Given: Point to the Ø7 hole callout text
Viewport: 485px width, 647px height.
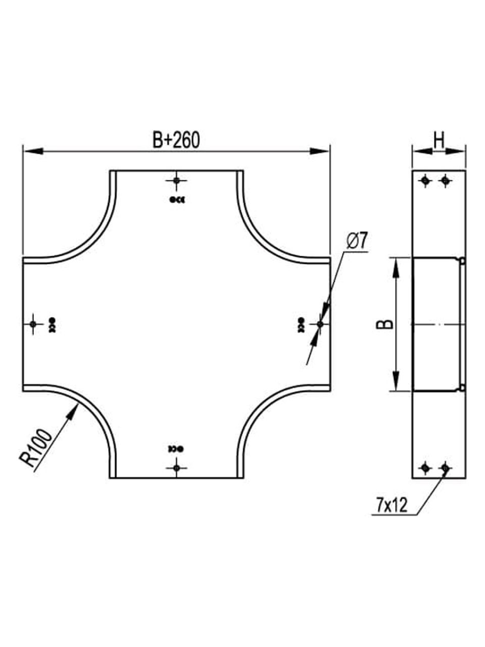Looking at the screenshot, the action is coord(357,241).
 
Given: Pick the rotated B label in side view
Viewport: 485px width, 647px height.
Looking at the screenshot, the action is coord(387,324).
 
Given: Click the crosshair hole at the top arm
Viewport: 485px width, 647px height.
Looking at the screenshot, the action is coord(176,180).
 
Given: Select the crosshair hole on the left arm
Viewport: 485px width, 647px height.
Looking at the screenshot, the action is coord(33,324).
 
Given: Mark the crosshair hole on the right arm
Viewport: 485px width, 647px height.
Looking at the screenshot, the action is coord(320,324).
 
